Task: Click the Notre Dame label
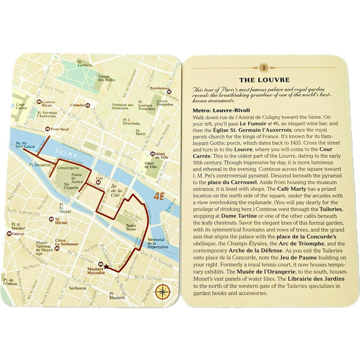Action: coord(135,228)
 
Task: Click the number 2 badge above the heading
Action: coord(264,66)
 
